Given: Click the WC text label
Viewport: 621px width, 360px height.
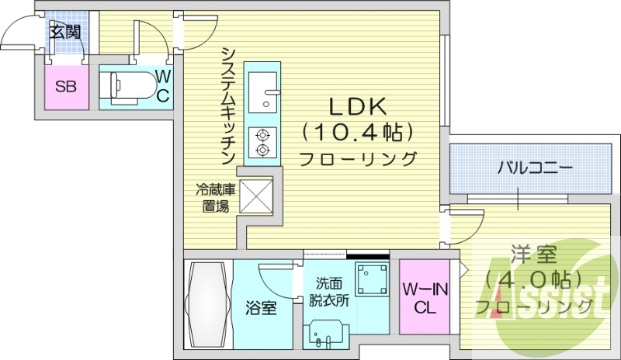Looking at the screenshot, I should pos(163,85).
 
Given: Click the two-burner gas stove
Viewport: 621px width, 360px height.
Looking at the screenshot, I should pos(263,141).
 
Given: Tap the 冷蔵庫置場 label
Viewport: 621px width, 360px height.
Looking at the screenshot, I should pos(215,197).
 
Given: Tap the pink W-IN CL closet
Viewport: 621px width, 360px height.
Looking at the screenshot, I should pos(425,298).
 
